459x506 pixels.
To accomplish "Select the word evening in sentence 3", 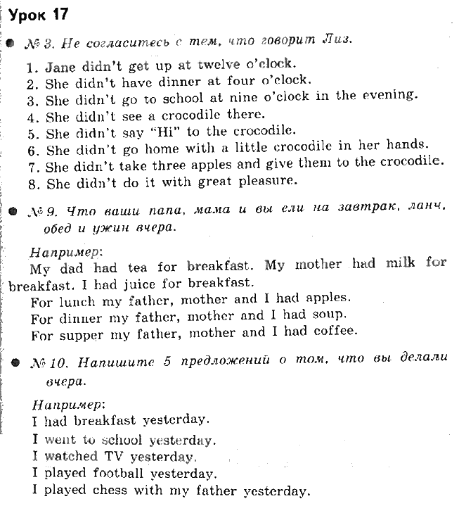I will pyautogui.click(x=387, y=96).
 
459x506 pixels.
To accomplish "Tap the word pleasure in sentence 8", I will pyautogui.click(x=263, y=182).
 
